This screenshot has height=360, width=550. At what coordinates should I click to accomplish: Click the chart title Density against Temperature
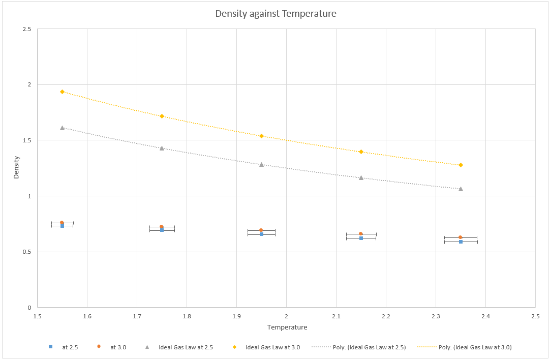[x=276, y=14]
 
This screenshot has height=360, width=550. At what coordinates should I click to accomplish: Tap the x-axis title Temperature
[x=287, y=327]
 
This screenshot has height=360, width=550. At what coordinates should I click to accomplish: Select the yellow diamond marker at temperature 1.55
[x=62, y=92]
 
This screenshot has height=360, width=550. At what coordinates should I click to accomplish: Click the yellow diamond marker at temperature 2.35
[x=461, y=165]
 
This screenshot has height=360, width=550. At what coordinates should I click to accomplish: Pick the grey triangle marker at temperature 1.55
[x=62, y=128]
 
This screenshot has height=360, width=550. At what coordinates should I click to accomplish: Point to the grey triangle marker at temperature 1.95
[x=261, y=164]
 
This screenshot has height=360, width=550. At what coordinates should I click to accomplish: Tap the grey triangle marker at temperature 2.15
[x=361, y=177]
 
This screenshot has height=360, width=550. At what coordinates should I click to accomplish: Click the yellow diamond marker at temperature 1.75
[x=162, y=116]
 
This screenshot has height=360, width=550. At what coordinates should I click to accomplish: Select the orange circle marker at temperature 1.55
[x=62, y=223]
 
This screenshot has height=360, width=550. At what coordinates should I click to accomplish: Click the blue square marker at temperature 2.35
[x=461, y=242]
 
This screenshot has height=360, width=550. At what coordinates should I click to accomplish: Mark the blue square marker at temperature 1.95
[x=261, y=234]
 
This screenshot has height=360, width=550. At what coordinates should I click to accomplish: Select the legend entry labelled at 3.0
[x=118, y=347]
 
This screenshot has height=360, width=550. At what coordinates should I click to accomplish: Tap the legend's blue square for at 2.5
[x=50, y=347]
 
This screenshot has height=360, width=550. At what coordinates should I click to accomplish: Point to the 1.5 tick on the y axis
[x=26, y=140]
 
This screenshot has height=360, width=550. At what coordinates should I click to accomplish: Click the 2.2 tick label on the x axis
[x=386, y=316]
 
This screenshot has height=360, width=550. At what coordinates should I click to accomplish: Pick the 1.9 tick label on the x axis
[x=236, y=316]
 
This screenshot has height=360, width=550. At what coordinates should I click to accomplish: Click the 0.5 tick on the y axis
[x=26, y=252]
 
